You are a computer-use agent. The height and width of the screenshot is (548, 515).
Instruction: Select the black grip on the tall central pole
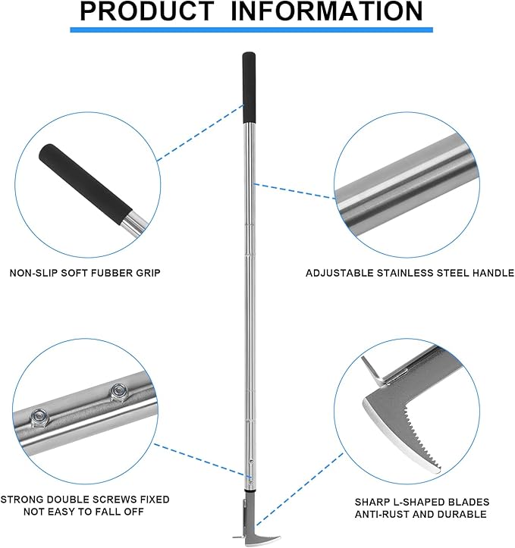coord(249,88)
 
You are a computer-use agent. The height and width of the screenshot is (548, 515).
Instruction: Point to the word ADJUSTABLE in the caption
coord(340,273)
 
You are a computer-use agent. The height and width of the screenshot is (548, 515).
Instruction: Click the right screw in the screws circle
coord(118,392)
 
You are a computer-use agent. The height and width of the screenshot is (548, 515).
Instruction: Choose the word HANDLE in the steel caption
coord(491,273)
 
